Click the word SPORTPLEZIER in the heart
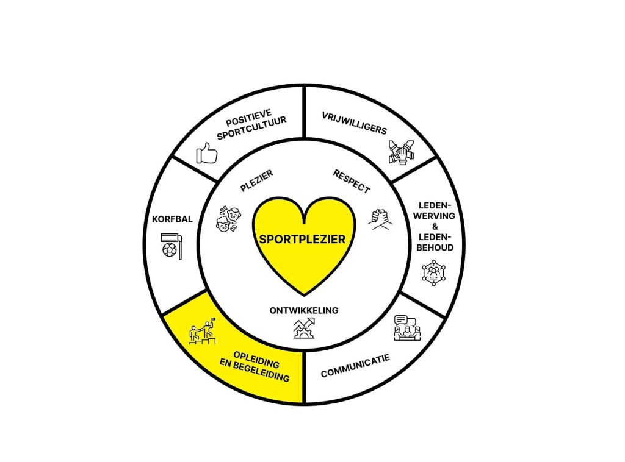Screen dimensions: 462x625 pos(302,239)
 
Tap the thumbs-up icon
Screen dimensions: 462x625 pos(207,153)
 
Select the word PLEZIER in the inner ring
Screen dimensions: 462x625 pos(256,181)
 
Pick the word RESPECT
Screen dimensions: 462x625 pos(352,181)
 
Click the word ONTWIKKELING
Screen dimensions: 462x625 pos(303,310)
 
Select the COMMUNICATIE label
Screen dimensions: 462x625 pos(355,364)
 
